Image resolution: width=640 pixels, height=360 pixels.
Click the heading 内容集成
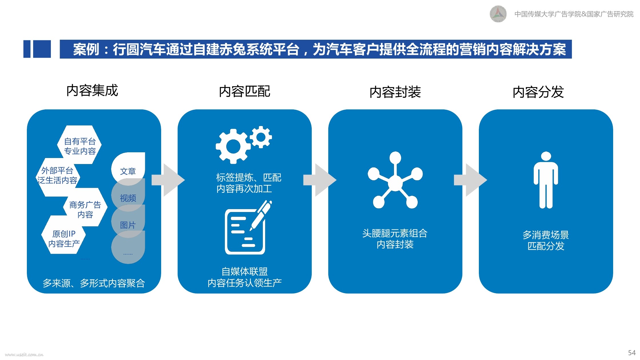pyautogui.click(x=92, y=91)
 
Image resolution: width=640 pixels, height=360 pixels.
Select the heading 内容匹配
pyautogui.click(x=245, y=91)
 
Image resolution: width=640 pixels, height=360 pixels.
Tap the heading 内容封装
pyautogui.click(x=395, y=92)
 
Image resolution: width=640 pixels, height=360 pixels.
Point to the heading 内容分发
pyautogui.click(x=538, y=92)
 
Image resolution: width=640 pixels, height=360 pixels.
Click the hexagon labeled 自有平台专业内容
pyautogui.click(x=79, y=145)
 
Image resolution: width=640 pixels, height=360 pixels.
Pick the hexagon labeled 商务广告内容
pyautogui.click(x=85, y=207)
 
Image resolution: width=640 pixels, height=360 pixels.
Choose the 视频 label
pyautogui.click(x=128, y=198)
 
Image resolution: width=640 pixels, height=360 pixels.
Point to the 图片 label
pyautogui.click(x=128, y=225)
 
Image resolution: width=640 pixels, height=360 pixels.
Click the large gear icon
pyautogui.click(x=233, y=146)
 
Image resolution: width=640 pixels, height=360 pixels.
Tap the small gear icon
pyautogui.click(x=261, y=137)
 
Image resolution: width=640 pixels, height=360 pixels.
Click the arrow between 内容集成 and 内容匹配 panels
pyautogui.click(x=168, y=180)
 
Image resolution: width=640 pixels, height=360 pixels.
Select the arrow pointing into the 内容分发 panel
pyautogui.click(x=471, y=180)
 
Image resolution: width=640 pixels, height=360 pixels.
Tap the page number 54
pyautogui.click(x=632, y=353)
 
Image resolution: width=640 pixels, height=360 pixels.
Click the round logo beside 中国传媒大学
pyautogui.click(x=498, y=14)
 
